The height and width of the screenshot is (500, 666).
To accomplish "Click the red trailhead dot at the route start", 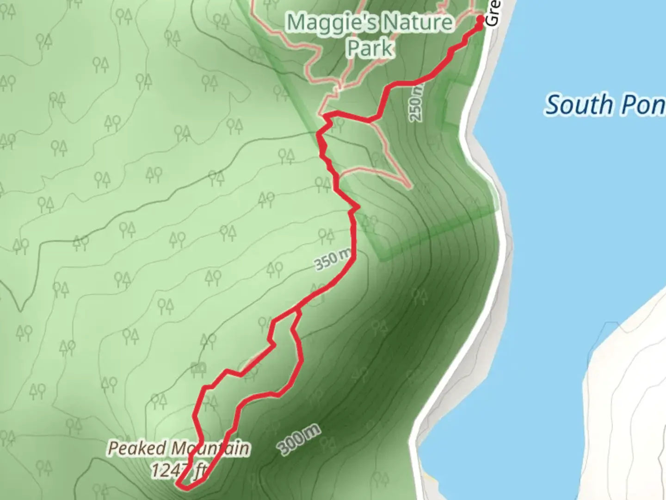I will (x=480, y=19).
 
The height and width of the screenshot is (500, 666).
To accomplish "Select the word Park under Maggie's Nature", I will (x=370, y=49).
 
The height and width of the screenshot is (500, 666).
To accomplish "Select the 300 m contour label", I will (x=299, y=438).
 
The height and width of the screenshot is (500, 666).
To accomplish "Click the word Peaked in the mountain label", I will (x=137, y=449).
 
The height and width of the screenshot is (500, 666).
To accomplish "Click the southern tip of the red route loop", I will (x=183, y=486).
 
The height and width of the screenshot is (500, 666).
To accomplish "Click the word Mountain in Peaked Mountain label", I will (x=211, y=449).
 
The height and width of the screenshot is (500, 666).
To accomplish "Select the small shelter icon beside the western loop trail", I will (x=198, y=368).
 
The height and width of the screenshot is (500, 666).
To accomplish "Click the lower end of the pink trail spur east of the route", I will (x=409, y=187).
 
